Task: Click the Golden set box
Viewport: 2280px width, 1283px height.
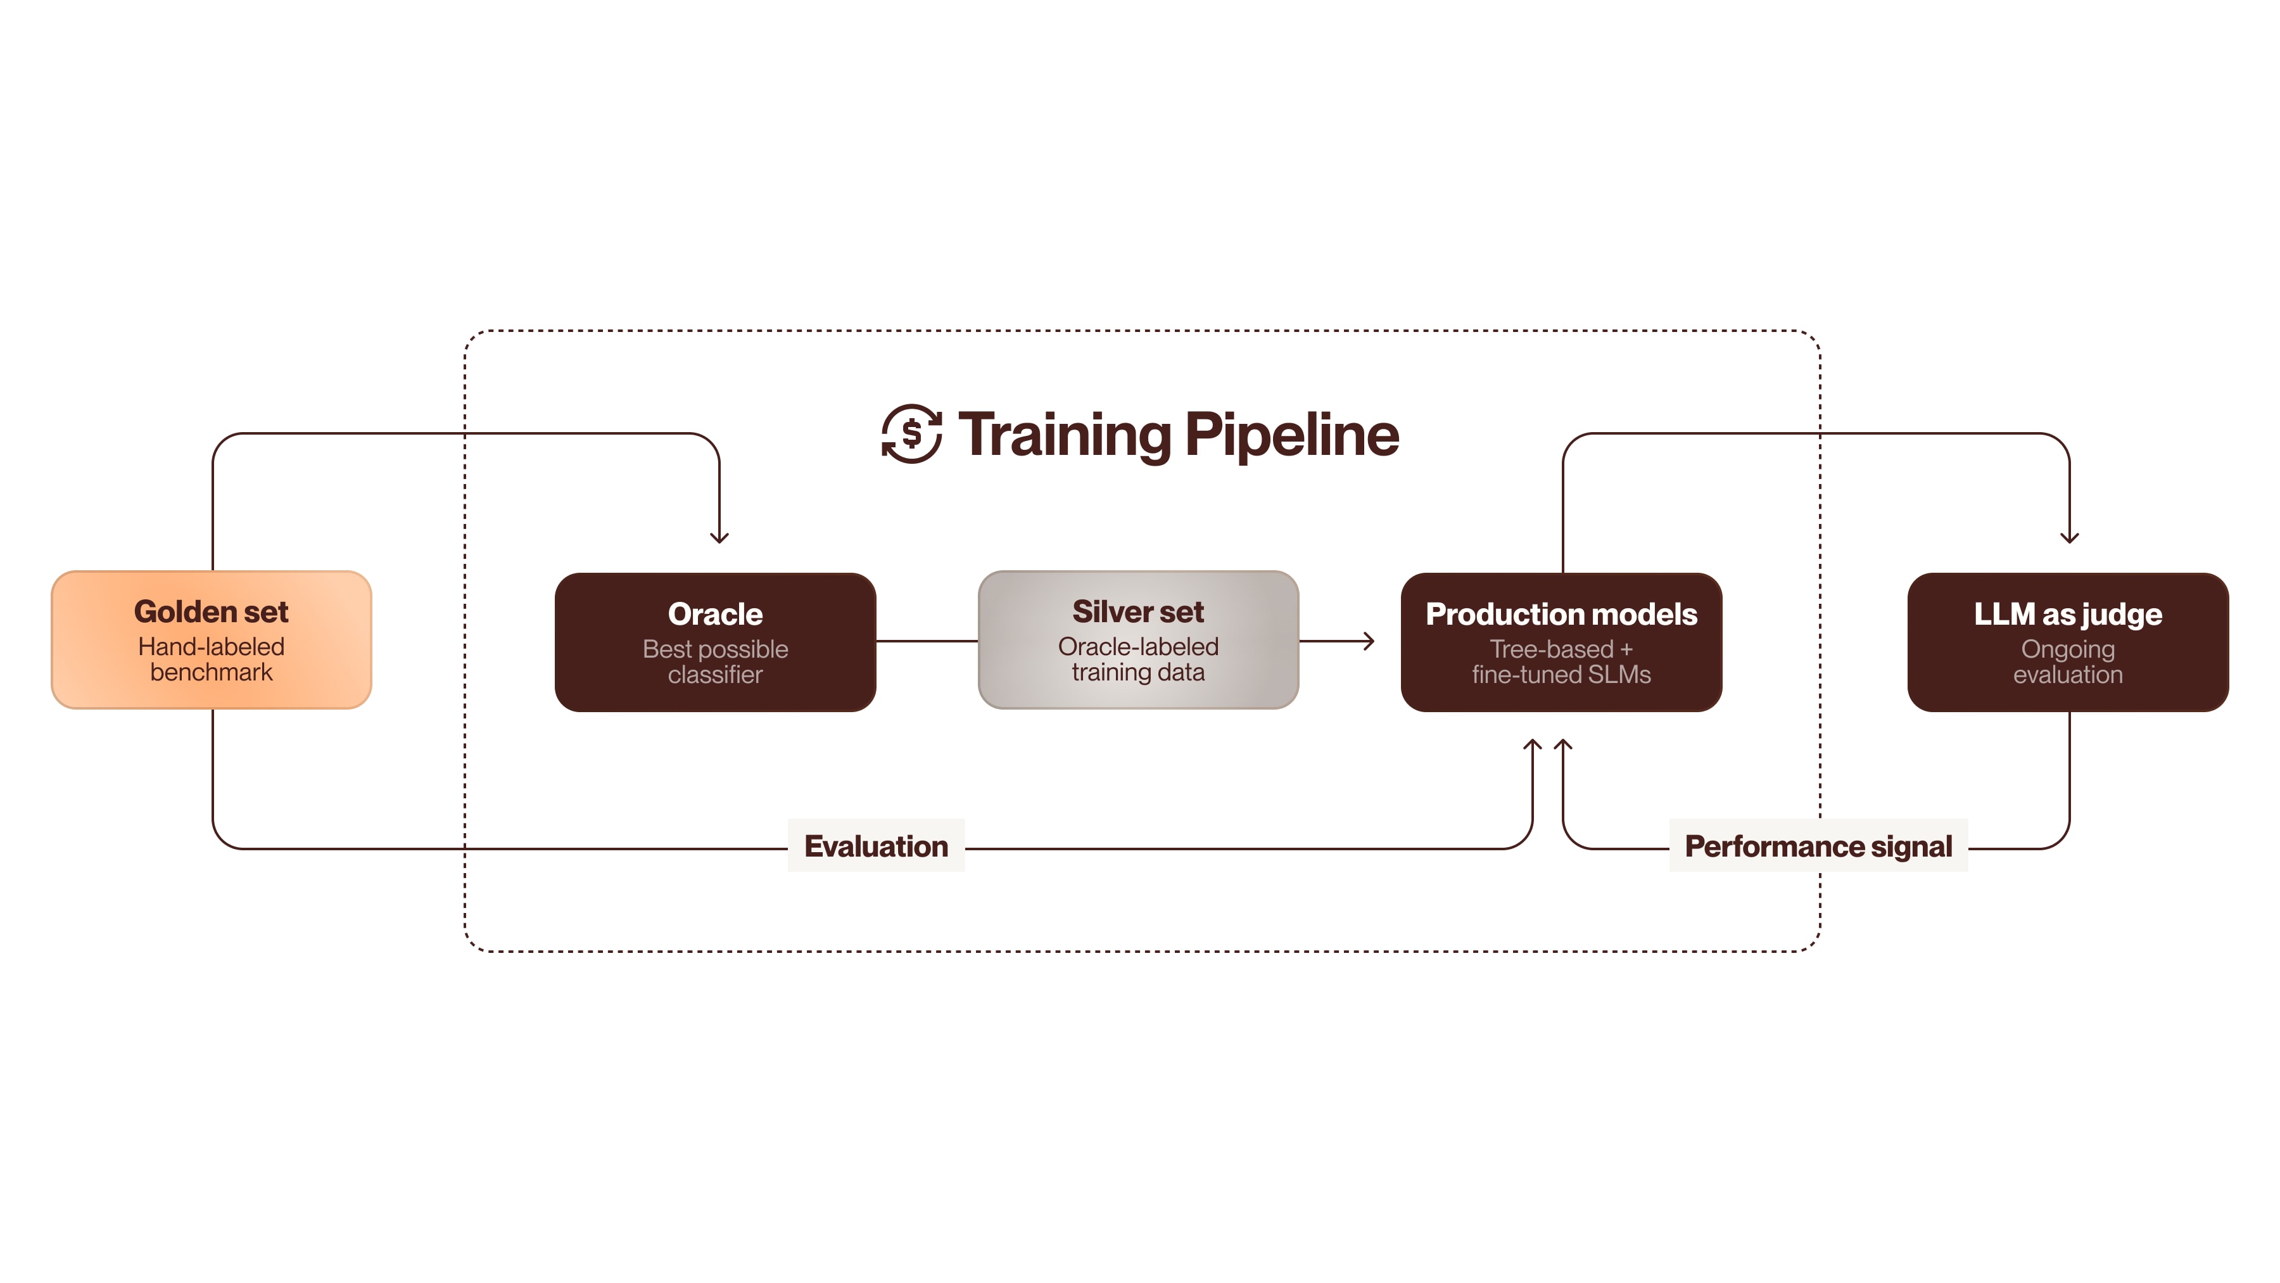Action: click(212, 639)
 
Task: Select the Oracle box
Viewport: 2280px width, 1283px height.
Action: click(715, 642)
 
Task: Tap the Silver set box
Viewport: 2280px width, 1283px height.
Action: click(1137, 639)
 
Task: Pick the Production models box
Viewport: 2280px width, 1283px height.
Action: click(1561, 642)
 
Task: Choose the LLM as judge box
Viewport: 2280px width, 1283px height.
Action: click(2068, 642)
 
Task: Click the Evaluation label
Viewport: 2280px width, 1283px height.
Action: click(875, 846)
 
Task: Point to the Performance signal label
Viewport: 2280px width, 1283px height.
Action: click(1818, 846)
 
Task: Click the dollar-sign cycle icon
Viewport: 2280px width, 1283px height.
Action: click(911, 434)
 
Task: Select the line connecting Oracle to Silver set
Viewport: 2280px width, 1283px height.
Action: click(927, 641)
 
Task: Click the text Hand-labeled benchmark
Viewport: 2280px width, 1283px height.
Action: click(212, 659)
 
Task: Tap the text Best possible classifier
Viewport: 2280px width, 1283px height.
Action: click(715, 661)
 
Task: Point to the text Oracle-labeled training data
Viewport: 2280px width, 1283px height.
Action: click(1137, 659)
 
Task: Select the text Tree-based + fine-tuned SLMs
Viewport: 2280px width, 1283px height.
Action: click(1561, 661)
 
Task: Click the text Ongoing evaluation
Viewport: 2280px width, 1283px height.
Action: click(2068, 661)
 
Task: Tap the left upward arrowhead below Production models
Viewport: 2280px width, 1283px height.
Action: click(1532, 746)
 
